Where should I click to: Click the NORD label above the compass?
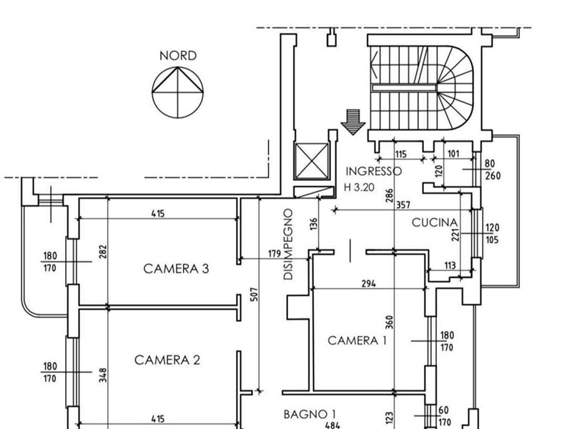[x=178, y=56]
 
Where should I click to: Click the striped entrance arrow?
[x=352, y=122]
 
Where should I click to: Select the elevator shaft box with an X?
[x=312, y=162]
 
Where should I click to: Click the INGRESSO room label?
[x=373, y=171]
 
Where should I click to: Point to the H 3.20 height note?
[x=360, y=187]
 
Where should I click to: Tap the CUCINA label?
[x=435, y=222]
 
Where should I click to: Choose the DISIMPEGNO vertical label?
[x=288, y=244]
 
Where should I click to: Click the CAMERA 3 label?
[x=176, y=269]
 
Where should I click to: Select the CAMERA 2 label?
[x=167, y=360]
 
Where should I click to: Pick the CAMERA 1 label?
[x=357, y=341]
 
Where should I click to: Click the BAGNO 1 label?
[x=310, y=415]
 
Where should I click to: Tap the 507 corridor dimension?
[x=255, y=295]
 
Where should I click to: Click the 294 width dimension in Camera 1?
[x=368, y=283]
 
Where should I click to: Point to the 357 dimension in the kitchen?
[x=403, y=205]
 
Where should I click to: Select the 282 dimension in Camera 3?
[x=103, y=252]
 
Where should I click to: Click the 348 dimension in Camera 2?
[x=103, y=375]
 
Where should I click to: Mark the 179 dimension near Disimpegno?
[x=275, y=254]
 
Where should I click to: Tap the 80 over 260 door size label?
[x=493, y=169]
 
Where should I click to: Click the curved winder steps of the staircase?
[x=456, y=88]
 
